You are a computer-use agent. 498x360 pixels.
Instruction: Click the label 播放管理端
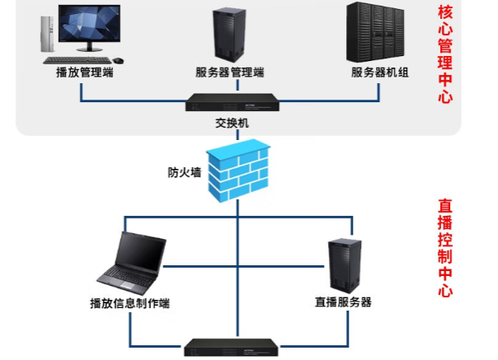(x=83, y=72)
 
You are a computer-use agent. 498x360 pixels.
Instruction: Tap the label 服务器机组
(x=380, y=72)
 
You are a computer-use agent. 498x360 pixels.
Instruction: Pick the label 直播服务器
(x=343, y=302)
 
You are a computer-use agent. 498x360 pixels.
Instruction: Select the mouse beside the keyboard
(x=119, y=59)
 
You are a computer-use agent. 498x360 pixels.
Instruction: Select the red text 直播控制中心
(x=446, y=247)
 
